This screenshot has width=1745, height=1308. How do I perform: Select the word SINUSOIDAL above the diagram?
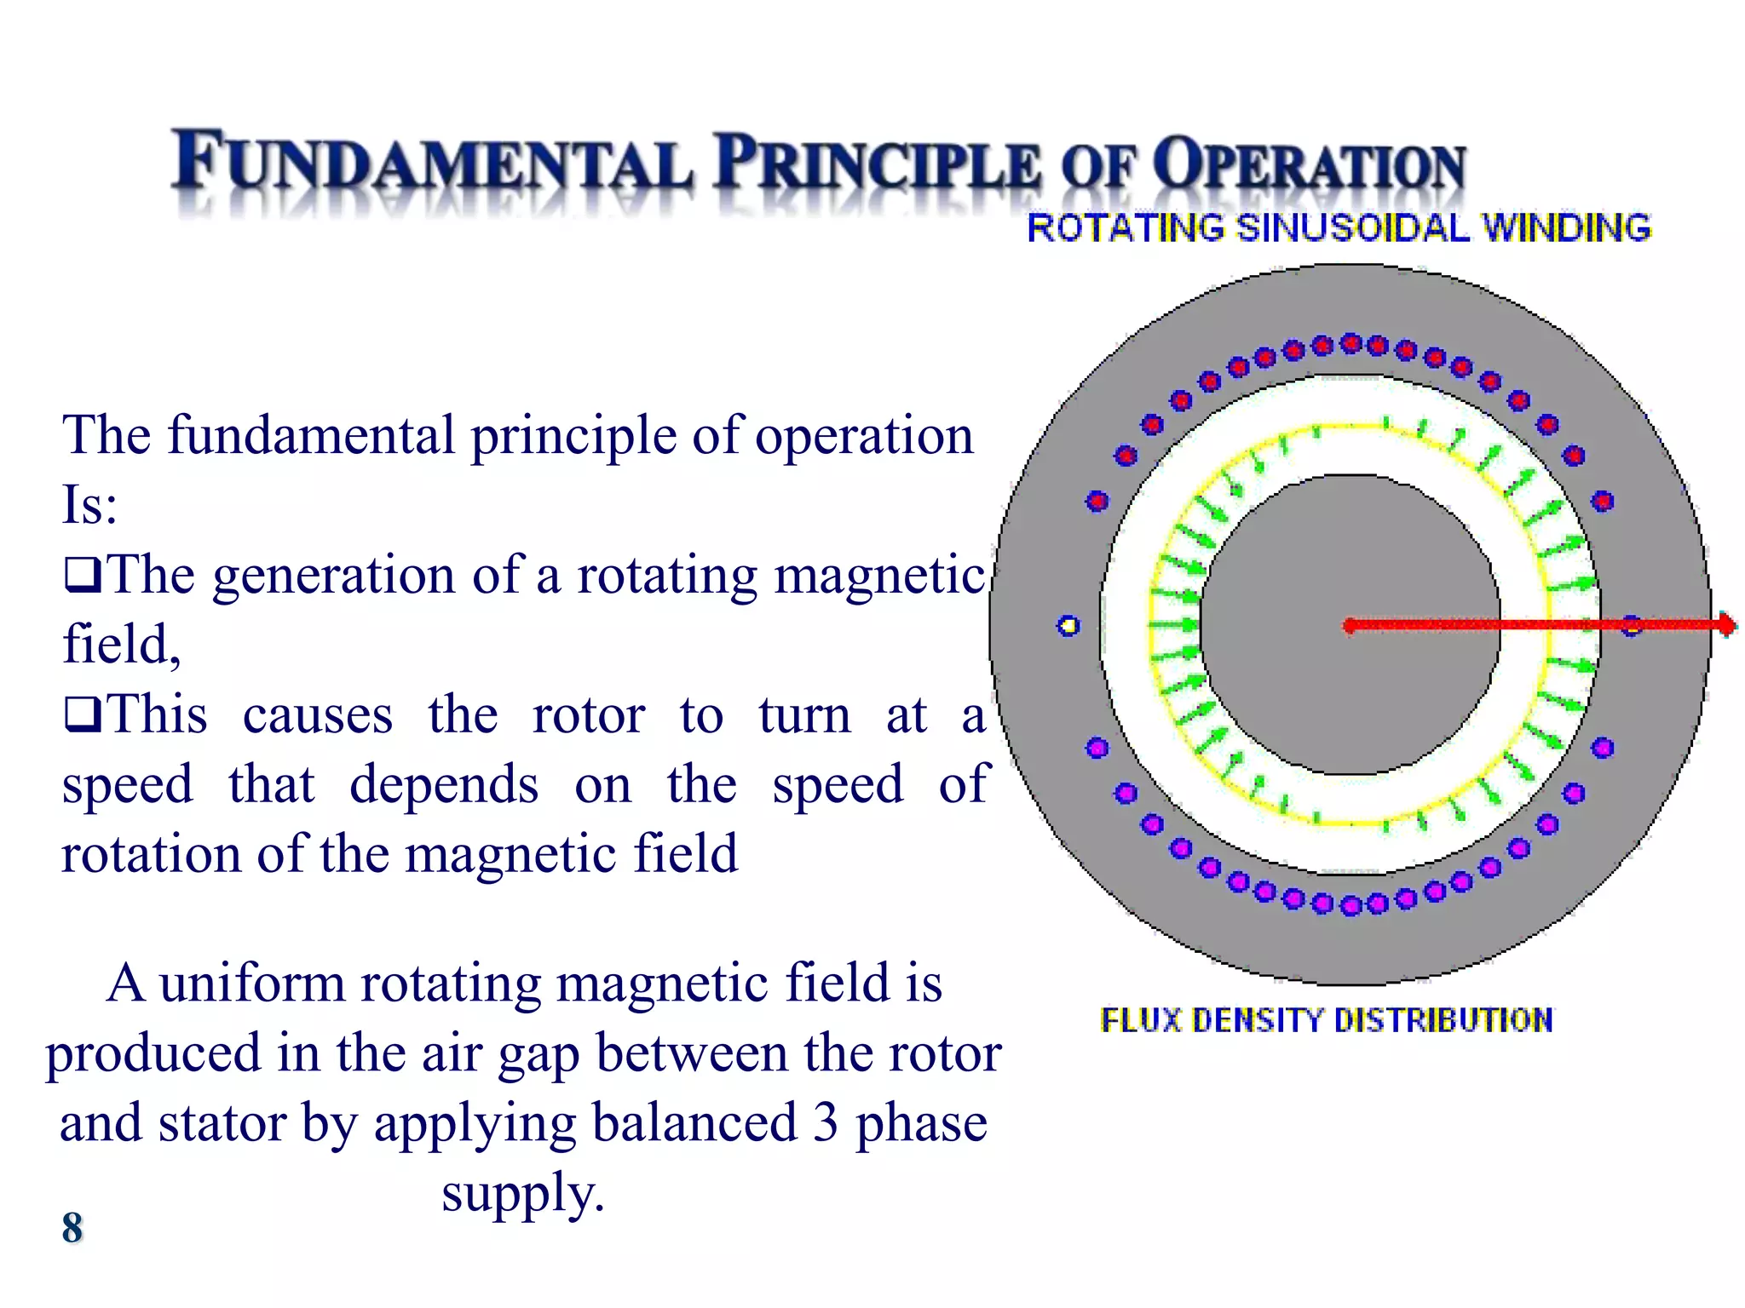[1353, 228]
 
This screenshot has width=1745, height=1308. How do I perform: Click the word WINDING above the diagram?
[1566, 228]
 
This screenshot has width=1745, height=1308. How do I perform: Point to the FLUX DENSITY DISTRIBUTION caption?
[1326, 1019]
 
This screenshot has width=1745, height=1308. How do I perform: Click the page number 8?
[72, 1227]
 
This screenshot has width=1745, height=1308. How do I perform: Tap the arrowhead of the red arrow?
[1726, 625]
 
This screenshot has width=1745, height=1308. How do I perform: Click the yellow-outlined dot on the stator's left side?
[1068, 626]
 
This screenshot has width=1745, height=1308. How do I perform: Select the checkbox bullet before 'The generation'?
[83, 576]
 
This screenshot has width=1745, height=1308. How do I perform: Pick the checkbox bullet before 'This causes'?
[83, 714]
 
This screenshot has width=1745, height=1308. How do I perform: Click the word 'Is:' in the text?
[89, 505]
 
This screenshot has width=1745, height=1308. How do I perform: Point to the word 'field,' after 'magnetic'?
[121, 644]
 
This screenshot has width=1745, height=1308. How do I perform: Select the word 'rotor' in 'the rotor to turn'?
[588, 715]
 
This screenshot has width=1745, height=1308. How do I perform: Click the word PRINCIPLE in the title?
[878, 162]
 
